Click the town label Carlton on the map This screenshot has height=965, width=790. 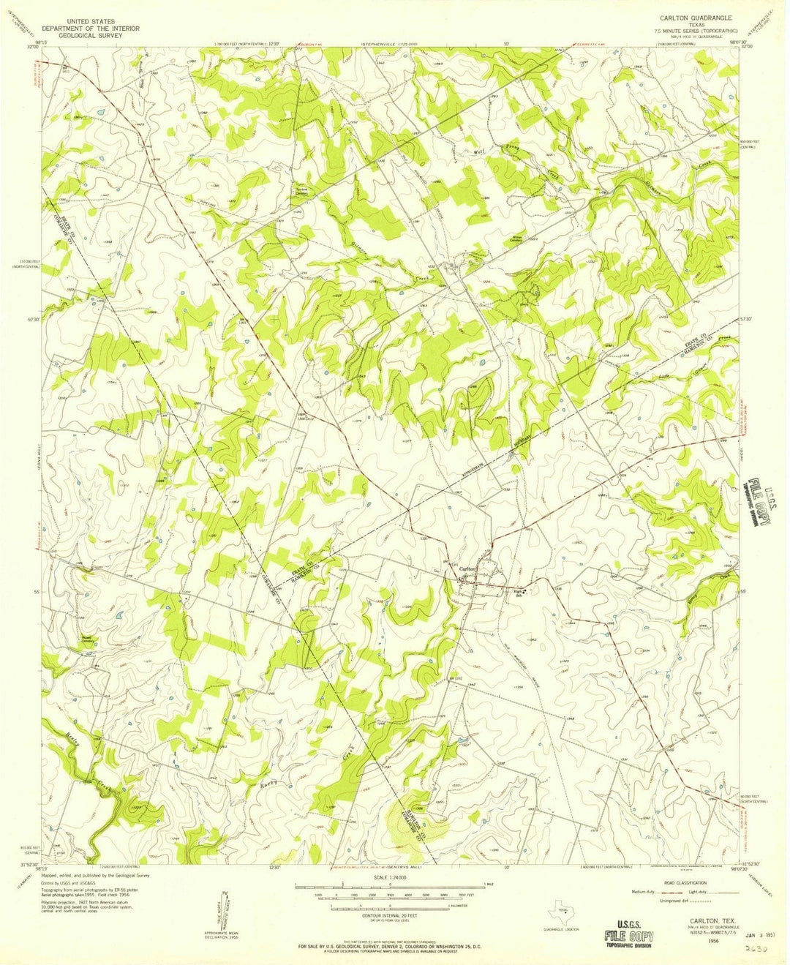tap(467, 569)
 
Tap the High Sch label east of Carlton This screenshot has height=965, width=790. tap(517, 593)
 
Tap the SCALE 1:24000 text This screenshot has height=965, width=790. tap(390, 879)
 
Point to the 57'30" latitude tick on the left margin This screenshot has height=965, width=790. tap(31, 319)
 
